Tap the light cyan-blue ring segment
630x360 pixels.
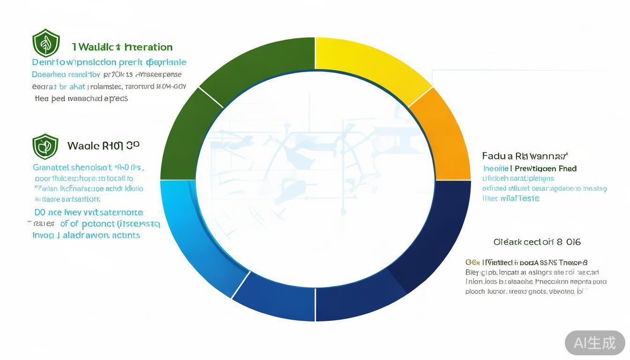(197, 234)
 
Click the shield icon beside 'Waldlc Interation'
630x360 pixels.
(46, 43)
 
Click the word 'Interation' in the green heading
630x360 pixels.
(149, 47)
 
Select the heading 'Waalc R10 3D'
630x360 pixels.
(103, 145)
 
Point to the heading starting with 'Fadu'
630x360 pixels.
(525, 156)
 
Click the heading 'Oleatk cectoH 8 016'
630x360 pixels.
(537, 242)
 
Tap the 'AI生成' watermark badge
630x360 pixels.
(594, 343)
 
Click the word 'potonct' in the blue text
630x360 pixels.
(97, 224)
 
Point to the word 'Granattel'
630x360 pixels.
(51, 167)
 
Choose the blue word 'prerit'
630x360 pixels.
(130, 62)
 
